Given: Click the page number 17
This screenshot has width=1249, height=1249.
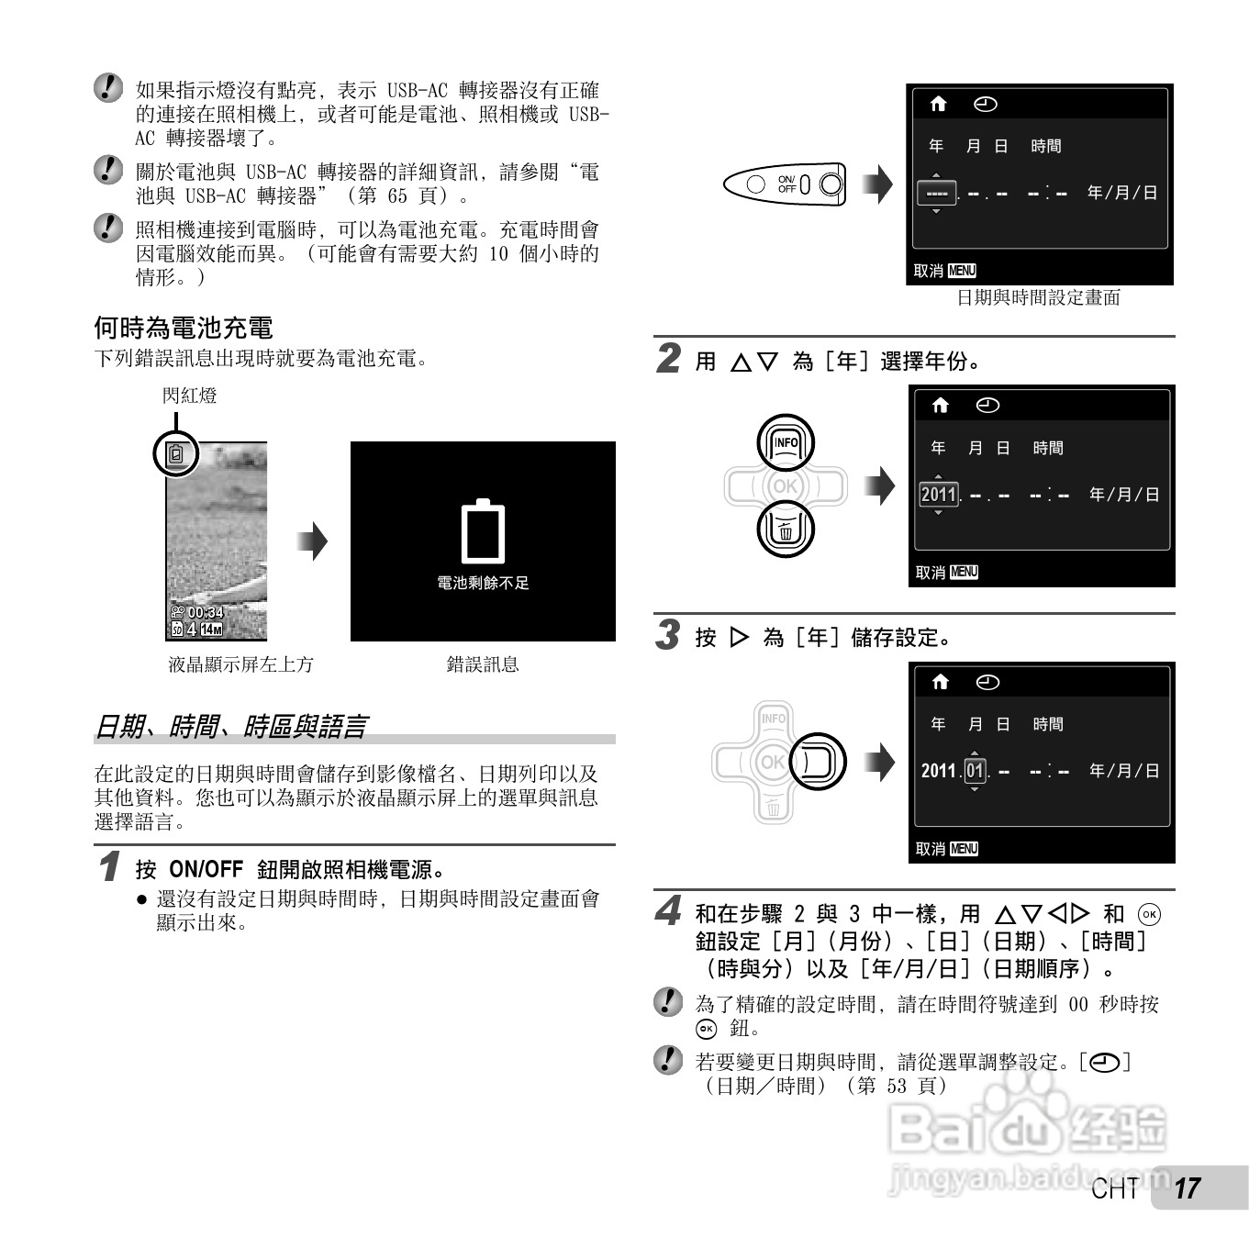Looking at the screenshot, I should (1188, 1188).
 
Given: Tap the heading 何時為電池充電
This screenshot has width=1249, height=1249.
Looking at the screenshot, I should (184, 328).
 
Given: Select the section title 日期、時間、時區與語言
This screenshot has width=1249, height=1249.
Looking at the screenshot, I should (230, 727).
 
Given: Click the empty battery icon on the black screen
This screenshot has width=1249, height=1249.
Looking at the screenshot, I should (483, 531).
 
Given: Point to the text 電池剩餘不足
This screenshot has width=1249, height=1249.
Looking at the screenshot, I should (483, 583).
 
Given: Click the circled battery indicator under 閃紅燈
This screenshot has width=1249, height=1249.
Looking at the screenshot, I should (176, 453).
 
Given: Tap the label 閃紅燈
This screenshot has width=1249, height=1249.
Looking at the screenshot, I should (190, 396).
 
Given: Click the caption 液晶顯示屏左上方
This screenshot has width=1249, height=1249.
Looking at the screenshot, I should (240, 664).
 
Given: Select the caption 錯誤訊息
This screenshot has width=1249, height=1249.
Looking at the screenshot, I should (483, 664).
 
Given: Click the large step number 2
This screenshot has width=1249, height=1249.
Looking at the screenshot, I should (669, 359).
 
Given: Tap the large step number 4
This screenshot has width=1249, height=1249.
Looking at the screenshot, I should (669, 912).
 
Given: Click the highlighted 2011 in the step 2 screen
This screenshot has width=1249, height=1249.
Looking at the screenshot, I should (938, 495).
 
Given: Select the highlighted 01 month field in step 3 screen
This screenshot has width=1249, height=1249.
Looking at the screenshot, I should (974, 771).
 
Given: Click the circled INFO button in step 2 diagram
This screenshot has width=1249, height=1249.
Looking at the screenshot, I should (786, 443).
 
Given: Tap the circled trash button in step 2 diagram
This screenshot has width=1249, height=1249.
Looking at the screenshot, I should (786, 530).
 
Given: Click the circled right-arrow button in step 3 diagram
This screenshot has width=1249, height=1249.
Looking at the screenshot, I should (817, 762).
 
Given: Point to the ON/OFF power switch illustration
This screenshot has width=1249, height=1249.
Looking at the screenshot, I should (785, 184).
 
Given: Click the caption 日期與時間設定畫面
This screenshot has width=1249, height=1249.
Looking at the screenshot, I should (1038, 297).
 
